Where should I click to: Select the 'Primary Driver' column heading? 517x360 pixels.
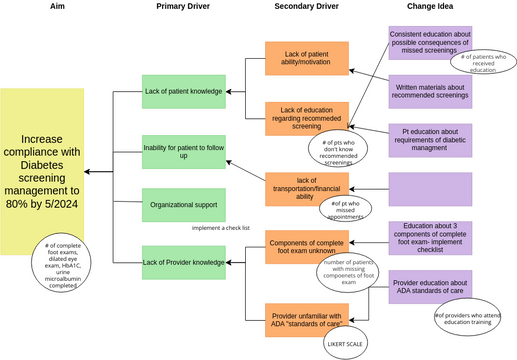[183, 8]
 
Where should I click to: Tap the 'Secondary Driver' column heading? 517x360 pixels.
[305, 8]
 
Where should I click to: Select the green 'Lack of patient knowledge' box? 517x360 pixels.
[183, 92]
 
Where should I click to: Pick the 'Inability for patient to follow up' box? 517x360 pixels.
[183, 151]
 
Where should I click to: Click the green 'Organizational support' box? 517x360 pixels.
[183, 204]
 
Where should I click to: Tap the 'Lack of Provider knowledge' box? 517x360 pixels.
[183, 262]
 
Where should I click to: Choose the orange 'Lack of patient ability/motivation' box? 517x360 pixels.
[306, 58]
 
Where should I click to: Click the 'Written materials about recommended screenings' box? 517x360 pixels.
[429, 91]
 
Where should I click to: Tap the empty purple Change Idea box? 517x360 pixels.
[429, 188]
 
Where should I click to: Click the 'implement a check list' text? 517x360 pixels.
[220, 228]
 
